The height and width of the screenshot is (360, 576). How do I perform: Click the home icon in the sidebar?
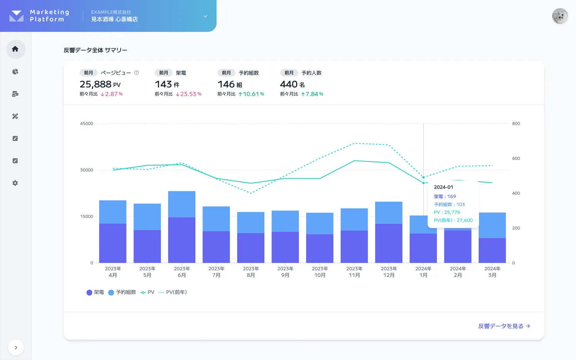tap(15, 49)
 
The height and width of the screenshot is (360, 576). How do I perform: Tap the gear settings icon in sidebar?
tap(15, 183)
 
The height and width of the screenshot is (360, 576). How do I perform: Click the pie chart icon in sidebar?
tap(15, 72)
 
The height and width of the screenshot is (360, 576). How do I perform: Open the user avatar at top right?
tap(559, 16)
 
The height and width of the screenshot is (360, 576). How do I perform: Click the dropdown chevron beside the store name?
tap(205, 16)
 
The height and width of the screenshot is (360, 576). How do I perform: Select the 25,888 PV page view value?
tap(100, 84)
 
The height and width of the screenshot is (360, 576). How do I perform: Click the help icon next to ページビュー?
tap(136, 72)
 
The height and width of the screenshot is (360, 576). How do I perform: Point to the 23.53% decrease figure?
tap(189, 94)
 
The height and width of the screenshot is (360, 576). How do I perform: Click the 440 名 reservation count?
tap(292, 84)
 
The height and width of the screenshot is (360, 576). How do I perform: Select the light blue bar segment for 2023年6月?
tap(182, 204)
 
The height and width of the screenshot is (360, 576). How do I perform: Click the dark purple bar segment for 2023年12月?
tap(389, 243)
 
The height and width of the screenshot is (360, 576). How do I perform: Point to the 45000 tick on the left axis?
tap(87, 124)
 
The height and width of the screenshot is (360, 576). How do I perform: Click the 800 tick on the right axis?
tap(516, 124)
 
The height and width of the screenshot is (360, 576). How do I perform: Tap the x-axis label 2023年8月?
tap(251, 272)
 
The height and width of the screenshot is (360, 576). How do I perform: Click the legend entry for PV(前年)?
tap(173, 292)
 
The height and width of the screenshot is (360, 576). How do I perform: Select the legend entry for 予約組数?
tap(122, 292)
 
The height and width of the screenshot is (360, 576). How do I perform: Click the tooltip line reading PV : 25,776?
tap(447, 212)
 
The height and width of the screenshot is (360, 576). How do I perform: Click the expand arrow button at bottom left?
tap(16, 347)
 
